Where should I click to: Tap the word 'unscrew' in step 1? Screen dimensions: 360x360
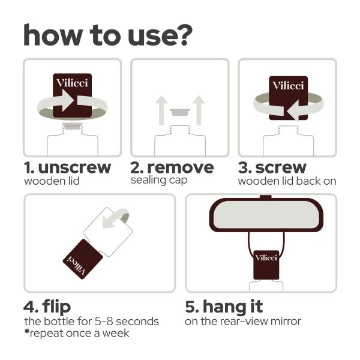[x=74, y=167]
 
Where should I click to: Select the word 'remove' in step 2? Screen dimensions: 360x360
[x=181, y=167]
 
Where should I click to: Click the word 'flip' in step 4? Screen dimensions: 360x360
[x=56, y=307]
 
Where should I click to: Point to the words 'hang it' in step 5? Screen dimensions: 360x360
[x=233, y=306]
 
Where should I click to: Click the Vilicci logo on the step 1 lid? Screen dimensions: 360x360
[x=72, y=83]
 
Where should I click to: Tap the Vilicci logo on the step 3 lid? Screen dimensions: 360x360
[x=288, y=86]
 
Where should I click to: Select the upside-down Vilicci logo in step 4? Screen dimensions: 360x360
[x=76, y=266]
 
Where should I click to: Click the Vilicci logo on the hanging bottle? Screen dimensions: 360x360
[x=266, y=257]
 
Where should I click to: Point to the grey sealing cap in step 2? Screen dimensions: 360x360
[x=180, y=112]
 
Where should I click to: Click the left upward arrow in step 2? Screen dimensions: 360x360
[x=161, y=110]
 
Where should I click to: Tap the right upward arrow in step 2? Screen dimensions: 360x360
[x=199, y=110]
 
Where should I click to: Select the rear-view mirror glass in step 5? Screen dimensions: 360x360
[x=266, y=215]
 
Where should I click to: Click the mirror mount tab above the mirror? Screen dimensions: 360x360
[x=266, y=197]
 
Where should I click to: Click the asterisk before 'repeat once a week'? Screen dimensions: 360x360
[x=27, y=332]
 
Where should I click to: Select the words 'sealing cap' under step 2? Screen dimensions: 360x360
[x=159, y=180]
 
